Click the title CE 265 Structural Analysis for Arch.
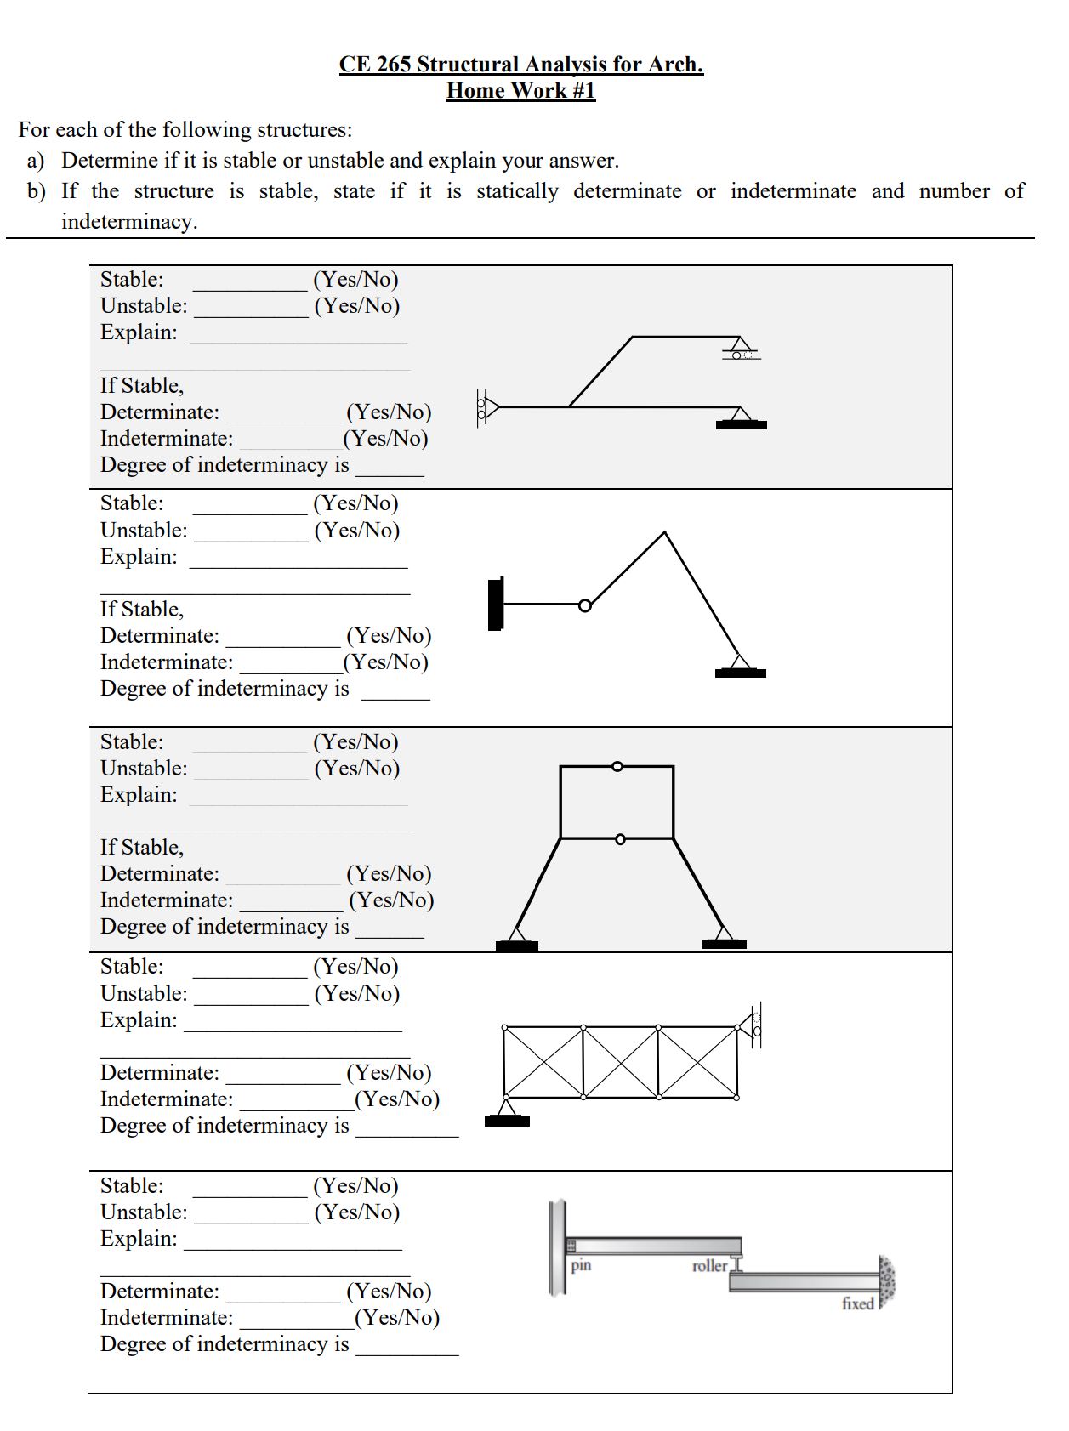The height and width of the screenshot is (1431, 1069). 520,65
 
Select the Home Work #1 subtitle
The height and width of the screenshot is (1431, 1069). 520,91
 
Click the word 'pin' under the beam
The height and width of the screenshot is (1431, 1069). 581,1264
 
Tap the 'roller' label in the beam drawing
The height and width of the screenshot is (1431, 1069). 709,1266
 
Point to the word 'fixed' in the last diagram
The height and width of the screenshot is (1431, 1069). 857,1303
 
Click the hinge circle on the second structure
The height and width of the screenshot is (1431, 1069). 585,605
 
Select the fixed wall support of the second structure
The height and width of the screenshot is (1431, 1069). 496,604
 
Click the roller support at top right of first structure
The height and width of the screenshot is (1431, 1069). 741,349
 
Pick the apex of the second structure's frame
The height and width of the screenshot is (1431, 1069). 664,533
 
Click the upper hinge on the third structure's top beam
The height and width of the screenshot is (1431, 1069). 617,766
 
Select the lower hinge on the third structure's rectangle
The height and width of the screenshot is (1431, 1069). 620,839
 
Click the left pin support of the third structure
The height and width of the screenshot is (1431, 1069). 516,939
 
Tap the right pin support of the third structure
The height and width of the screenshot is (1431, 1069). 724,938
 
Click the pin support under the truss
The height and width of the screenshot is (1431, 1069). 507,1112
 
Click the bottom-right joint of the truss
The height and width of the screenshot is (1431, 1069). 736,1097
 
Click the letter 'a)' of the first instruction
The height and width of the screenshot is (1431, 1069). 36,161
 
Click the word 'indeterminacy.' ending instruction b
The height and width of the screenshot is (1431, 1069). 129,222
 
